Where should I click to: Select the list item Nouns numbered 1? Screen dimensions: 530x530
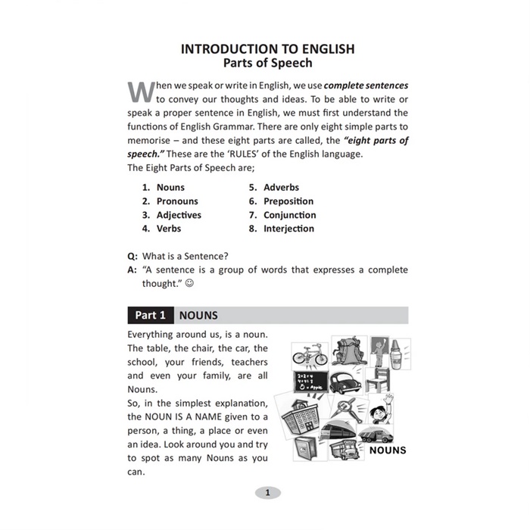(170, 188)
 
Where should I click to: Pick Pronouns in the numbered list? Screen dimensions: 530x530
(177, 201)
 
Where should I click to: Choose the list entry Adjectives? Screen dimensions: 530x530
(179, 215)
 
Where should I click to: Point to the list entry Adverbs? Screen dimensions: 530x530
(281, 188)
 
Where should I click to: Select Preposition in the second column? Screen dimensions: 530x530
(288, 201)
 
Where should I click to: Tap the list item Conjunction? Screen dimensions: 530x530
(289, 215)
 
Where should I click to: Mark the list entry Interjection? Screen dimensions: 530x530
(289, 228)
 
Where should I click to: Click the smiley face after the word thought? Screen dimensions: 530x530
(189, 284)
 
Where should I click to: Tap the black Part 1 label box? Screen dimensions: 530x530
(151, 316)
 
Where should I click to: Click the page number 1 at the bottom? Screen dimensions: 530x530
(267, 493)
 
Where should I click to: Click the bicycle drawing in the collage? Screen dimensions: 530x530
(310, 354)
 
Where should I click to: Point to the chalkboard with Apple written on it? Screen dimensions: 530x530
(311, 382)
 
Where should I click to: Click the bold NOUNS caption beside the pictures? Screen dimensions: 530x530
(388, 450)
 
